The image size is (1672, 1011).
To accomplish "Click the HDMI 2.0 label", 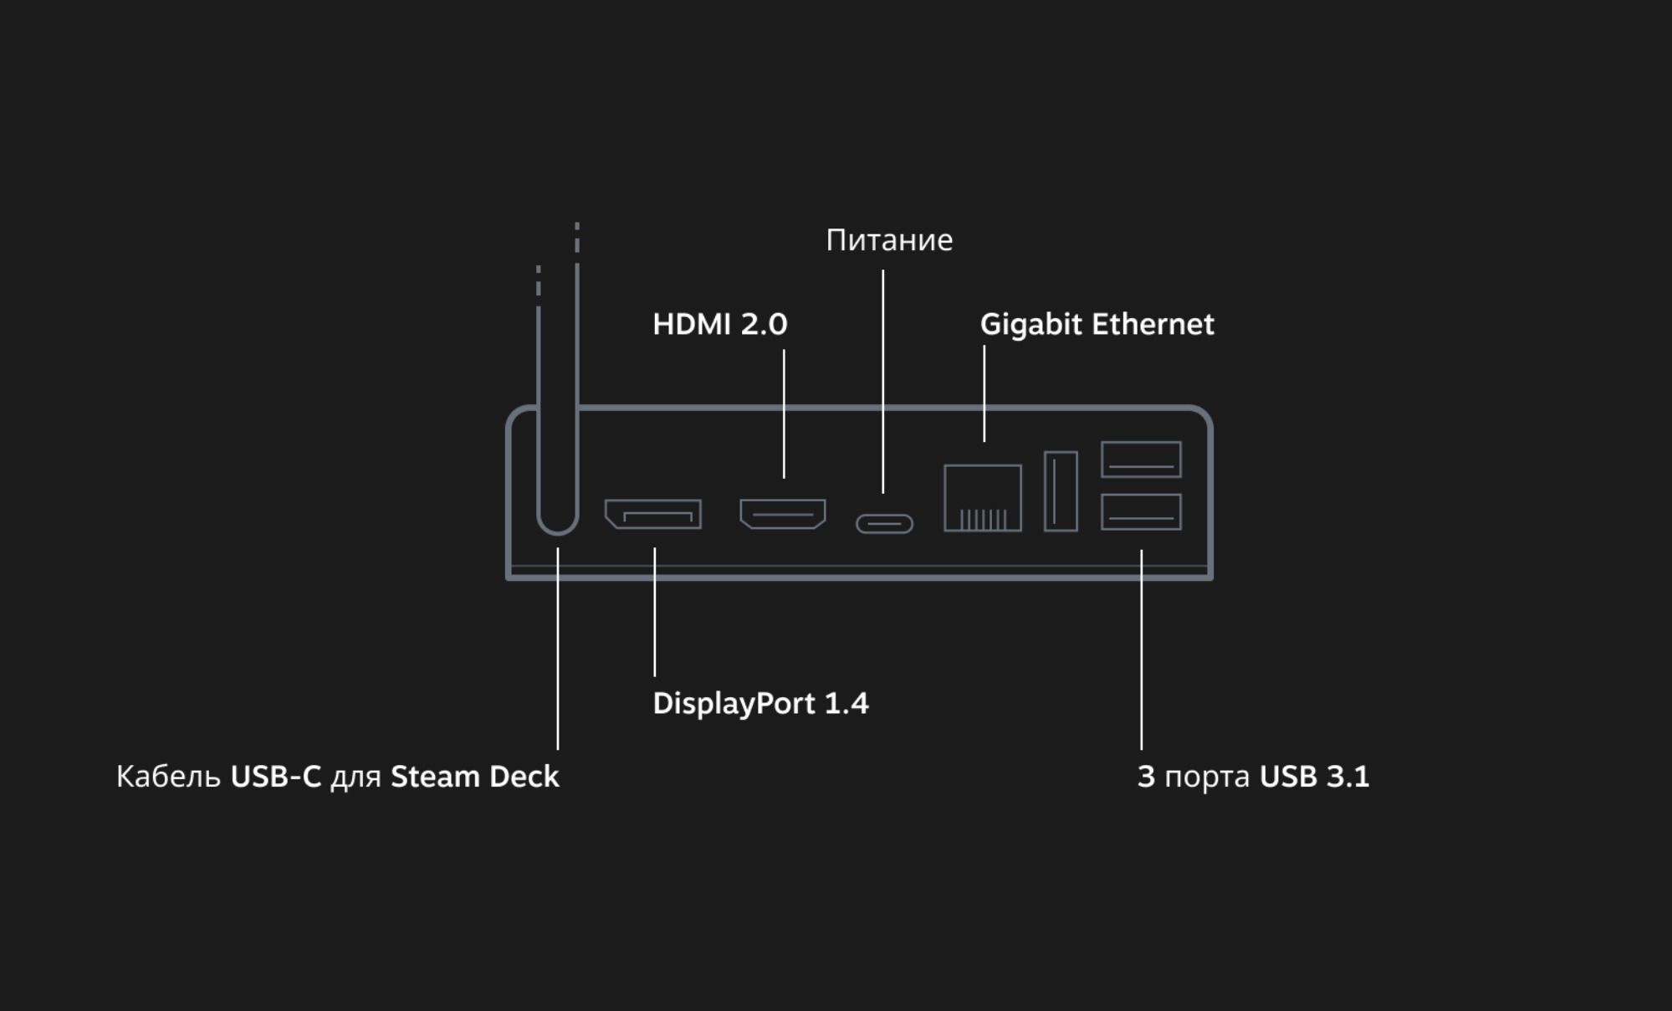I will pyautogui.click(x=719, y=325).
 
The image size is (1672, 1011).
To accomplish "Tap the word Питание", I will pyautogui.click(x=888, y=241).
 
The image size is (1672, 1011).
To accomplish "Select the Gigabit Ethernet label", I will pyautogui.click(x=1097, y=325).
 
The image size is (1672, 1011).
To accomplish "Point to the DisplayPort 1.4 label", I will pyautogui.click(x=760, y=704).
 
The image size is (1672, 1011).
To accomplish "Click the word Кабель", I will pyautogui.click(x=168, y=777).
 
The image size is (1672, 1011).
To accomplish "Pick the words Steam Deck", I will pyautogui.click(x=474, y=777).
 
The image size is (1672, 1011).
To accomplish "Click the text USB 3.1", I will pyautogui.click(x=1314, y=777).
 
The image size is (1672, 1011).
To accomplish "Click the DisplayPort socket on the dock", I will pyautogui.click(x=653, y=514).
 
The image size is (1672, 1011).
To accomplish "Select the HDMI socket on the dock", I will pyautogui.click(x=783, y=514).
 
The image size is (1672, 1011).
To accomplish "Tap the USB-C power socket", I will pyautogui.click(x=884, y=524).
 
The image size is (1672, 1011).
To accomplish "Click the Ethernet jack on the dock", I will pyautogui.click(x=983, y=498).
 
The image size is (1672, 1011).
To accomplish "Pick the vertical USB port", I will pyautogui.click(x=1061, y=491).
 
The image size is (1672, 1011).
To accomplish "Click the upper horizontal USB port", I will pyautogui.click(x=1141, y=459).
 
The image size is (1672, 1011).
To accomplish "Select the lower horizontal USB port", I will pyautogui.click(x=1141, y=512).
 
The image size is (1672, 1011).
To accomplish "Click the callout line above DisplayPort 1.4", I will pyautogui.click(x=655, y=611).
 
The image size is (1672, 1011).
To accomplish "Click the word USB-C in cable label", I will pyautogui.click(x=275, y=777).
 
